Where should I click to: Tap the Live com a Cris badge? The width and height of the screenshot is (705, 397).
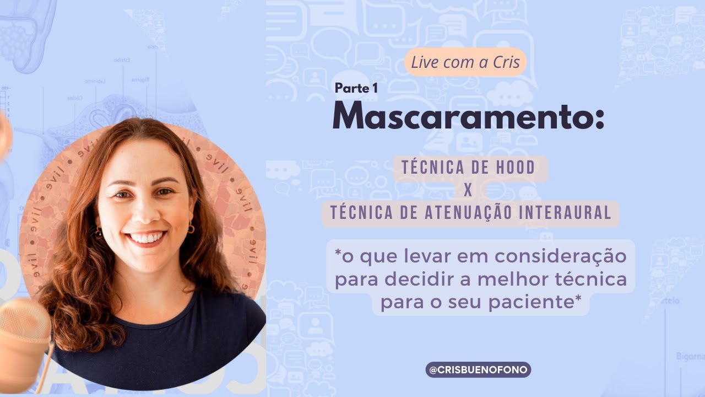[x=465, y=62]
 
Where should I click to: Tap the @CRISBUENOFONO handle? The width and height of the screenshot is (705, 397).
[x=478, y=369]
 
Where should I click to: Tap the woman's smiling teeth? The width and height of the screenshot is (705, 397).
[x=147, y=238]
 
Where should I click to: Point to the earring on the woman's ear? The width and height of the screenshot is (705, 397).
[x=191, y=229]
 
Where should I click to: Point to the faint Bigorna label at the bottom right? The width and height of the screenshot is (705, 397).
[x=690, y=357]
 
